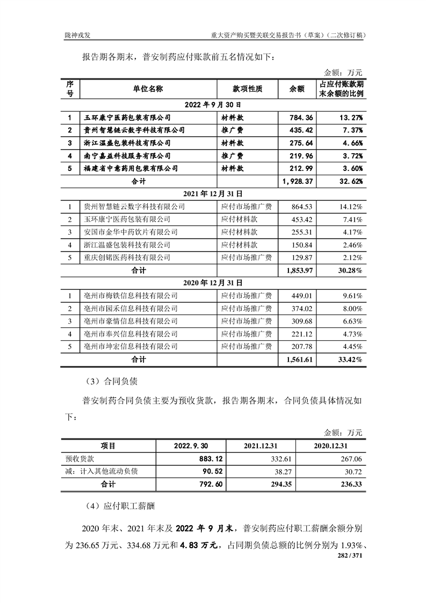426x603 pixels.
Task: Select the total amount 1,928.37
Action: (296, 182)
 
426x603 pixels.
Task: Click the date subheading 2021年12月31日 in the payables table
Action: (213, 193)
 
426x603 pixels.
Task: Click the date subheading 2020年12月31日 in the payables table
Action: (213, 283)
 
